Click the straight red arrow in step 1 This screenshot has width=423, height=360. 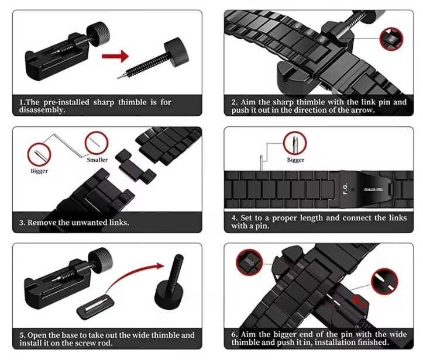coord(115,56)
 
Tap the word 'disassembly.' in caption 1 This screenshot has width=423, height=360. coord(42,110)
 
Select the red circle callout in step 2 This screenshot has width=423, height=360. coord(391,39)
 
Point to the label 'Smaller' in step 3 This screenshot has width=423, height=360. coord(97,160)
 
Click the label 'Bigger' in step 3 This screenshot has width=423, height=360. coord(39,171)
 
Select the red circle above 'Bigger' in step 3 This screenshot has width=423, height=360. coord(39,154)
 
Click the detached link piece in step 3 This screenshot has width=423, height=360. coord(136,166)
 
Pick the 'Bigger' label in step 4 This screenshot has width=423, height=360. coord(295,160)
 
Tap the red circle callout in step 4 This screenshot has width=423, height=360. coord(295,143)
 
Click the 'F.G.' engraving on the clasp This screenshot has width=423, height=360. coord(345,189)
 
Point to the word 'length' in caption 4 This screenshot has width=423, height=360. coord(311,218)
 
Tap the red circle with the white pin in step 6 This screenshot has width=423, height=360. coord(384,281)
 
